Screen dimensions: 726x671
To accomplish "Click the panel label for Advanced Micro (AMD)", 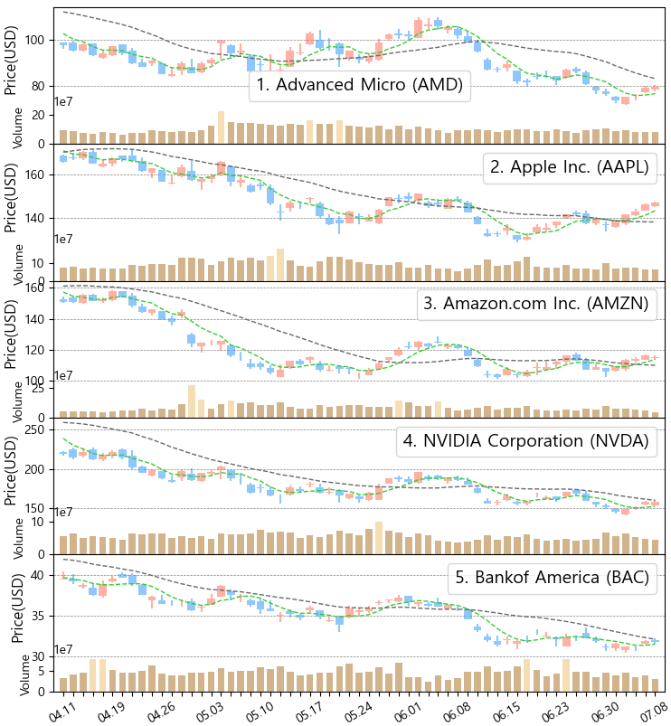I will tap(359, 86).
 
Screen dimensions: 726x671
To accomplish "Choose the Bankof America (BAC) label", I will tap(552, 578).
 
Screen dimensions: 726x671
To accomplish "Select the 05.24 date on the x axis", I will tap(358, 708).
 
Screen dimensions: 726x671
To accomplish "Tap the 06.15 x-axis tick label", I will tap(506, 708).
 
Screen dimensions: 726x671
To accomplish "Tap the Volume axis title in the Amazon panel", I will tap(18, 401).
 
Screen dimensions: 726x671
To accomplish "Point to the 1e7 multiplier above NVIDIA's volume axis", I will tap(63, 513).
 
